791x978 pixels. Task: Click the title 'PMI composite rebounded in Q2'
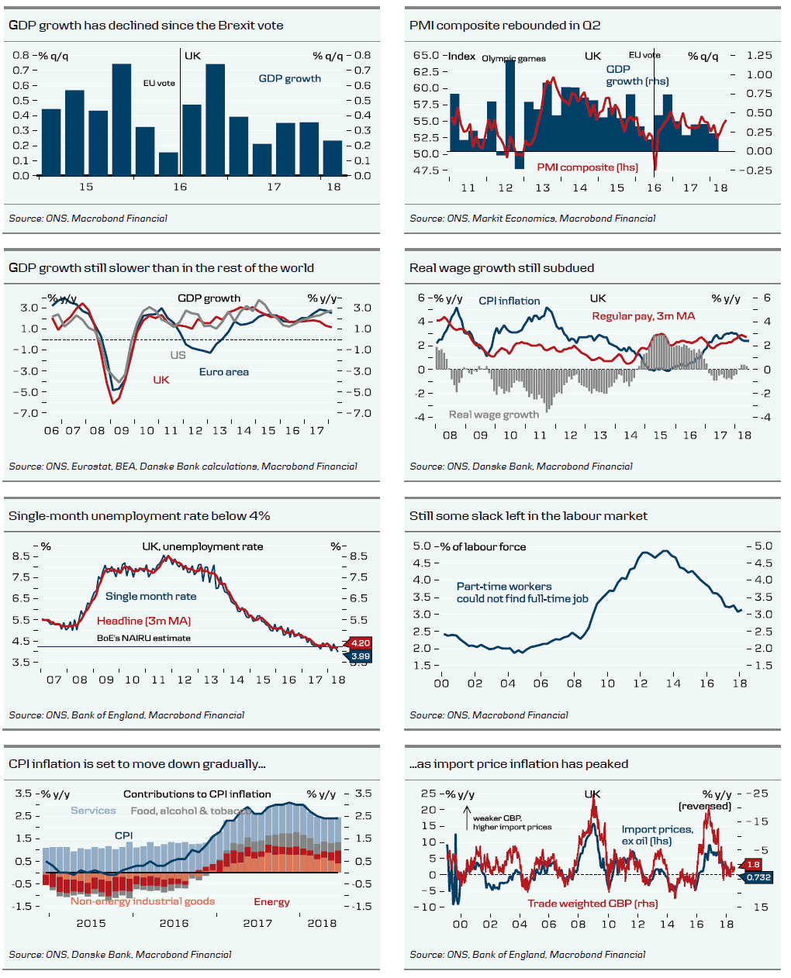(505, 26)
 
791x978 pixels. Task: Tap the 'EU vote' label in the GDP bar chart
(159, 83)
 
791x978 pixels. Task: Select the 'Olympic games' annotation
(513, 59)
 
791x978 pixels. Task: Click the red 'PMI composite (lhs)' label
(587, 167)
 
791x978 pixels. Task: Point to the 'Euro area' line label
(224, 372)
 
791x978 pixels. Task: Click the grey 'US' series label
(178, 355)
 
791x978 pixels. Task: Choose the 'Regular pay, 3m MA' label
(644, 316)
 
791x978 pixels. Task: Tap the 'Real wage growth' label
(493, 415)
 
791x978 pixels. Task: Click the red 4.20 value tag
(361, 643)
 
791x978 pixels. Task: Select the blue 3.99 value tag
(361, 656)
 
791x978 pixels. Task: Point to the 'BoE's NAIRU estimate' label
(143, 638)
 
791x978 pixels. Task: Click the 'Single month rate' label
(150, 597)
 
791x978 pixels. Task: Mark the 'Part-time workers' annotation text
(504, 587)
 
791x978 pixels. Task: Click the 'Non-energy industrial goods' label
(143, 901)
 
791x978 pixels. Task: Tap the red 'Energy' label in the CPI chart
(271, 902)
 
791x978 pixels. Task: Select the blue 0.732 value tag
(758, 877)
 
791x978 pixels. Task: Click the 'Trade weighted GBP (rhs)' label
(592, 904)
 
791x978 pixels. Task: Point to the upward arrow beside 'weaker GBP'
(467, 818)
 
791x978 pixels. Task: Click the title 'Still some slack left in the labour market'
(528, 516)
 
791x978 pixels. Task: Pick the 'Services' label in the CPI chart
(93, 811)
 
